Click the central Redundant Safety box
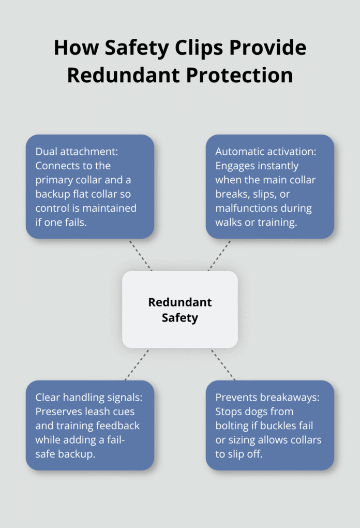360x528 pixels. pyautogui.click(x=180, y=310)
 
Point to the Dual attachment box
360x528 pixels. pyautogui.click(x=90, y=186)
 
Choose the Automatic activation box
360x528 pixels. pyautogui.click(x=270, y=186)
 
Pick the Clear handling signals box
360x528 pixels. pyautogui.click(x=90, y=425)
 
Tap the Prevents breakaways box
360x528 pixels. pyautogui.click(x=270, y=425)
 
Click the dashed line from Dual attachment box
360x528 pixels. pyautogui.click(x=140, y=255)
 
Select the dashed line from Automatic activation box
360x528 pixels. pyautogui.click(x=220, y=255)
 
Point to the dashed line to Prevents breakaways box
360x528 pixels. pyautogui.click(x=223, y=364)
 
